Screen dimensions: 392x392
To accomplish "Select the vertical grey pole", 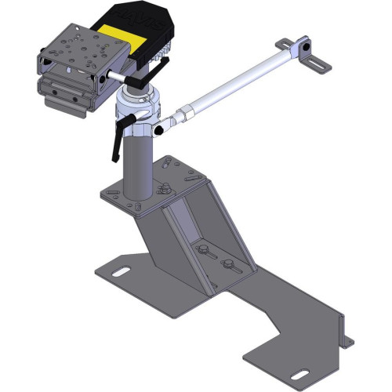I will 137,165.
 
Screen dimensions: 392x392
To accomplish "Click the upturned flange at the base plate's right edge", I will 343,329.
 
